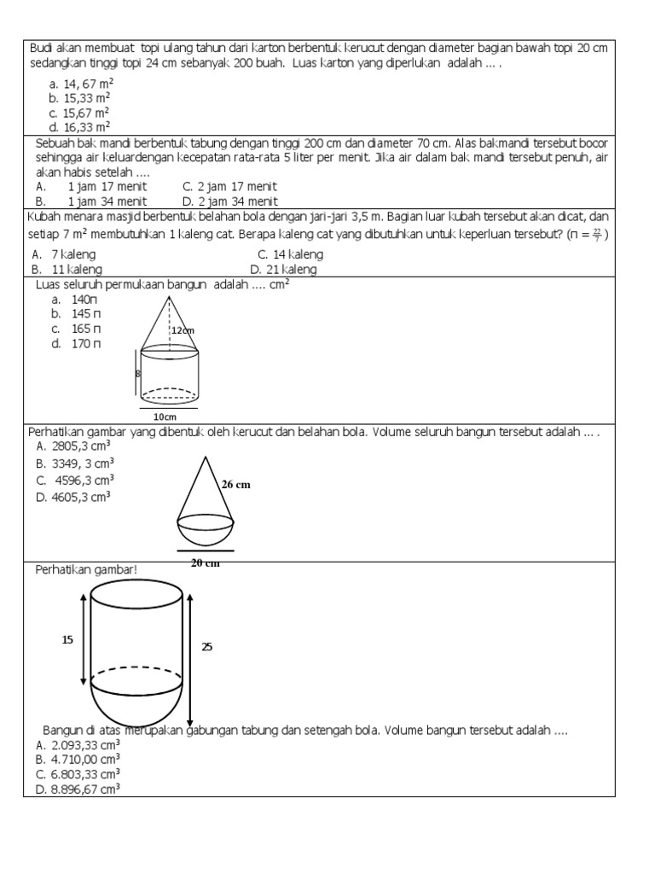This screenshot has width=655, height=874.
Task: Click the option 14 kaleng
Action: pos(290,254)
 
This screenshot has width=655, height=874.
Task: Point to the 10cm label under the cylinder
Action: pos(165,417)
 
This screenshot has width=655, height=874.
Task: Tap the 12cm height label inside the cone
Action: pos(183,330)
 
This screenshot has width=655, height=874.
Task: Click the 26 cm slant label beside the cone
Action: pos(236,484)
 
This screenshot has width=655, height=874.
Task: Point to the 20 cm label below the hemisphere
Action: pos(205,562)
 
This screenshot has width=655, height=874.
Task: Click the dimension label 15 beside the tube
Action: pos(67,638)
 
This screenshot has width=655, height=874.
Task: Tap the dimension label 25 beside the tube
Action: pos(206,647)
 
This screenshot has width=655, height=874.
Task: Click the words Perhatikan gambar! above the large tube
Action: pos(85,568)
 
